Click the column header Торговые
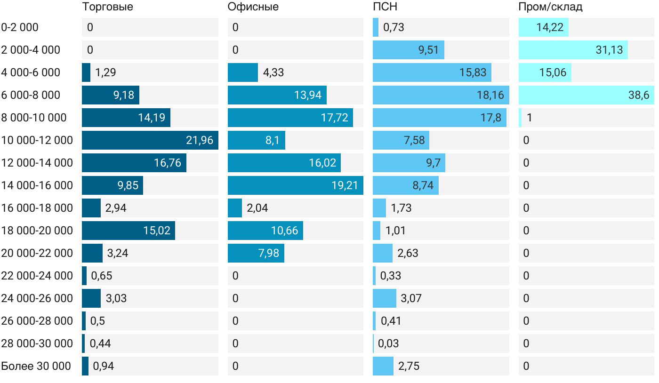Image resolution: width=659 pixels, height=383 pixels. [107, 7]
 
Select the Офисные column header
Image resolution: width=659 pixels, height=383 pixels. [253, 7]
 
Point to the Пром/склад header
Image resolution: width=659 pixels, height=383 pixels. [550, 7]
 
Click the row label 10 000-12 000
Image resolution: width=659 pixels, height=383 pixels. [37, 140]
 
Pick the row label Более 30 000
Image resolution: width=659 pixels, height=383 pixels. [36, 366]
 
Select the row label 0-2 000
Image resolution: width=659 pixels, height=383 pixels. [20, 27]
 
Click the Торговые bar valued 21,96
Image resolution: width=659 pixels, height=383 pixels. [150, 140]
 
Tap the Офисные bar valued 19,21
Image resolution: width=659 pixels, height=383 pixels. [295, 185]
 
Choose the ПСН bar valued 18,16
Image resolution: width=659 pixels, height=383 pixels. [441, 95]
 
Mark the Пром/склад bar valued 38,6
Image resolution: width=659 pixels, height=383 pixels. [586, 95]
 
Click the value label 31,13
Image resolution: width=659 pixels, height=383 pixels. [609, 50]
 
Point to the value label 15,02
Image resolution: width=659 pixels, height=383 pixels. [157, 231]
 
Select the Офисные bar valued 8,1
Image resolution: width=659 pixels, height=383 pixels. [256, 140]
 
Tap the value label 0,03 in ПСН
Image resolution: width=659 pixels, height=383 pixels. [388, 343]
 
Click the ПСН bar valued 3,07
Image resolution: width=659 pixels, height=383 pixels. [385, 298]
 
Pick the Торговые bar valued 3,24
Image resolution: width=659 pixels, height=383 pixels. [92, 253]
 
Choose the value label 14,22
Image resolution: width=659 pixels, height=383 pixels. [550, 27]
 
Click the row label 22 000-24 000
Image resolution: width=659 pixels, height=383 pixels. [37, 276]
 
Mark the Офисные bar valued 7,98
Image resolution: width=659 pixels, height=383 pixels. [256, 253]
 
